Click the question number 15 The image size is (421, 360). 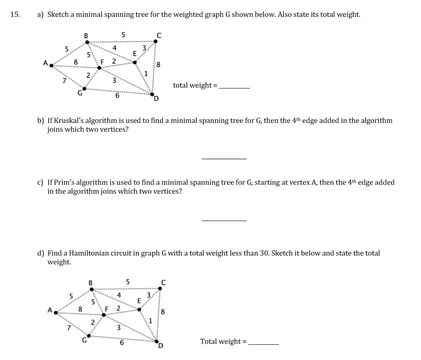point(14,14)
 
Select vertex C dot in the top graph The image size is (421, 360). point(156,42)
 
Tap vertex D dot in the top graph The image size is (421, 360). point(152,94)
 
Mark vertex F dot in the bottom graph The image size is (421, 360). point(103,315)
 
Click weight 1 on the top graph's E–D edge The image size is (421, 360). point(146,73)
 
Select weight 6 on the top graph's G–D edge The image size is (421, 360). point(117,95)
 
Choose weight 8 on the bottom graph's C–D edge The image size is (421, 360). point(163,311)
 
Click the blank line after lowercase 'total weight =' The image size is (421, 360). point(234,87)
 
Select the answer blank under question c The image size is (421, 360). point(224,220)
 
